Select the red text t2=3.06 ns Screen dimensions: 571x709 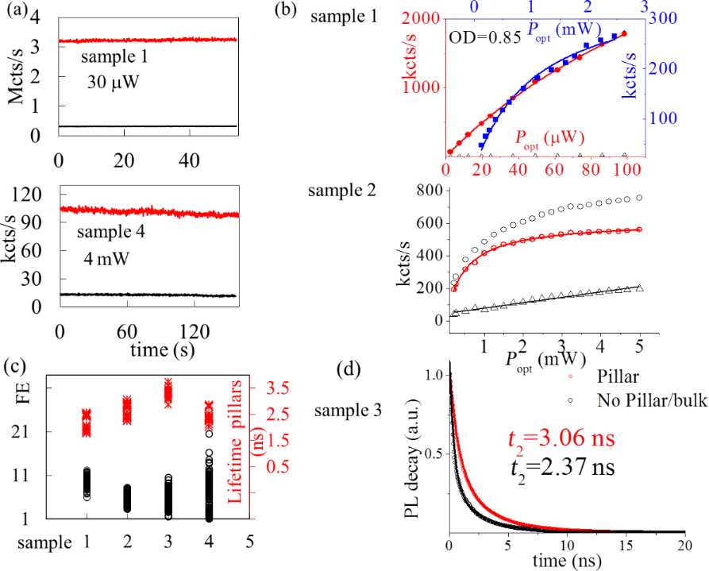click(561, 439)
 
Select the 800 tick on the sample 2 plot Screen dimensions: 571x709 click(429, 190)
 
